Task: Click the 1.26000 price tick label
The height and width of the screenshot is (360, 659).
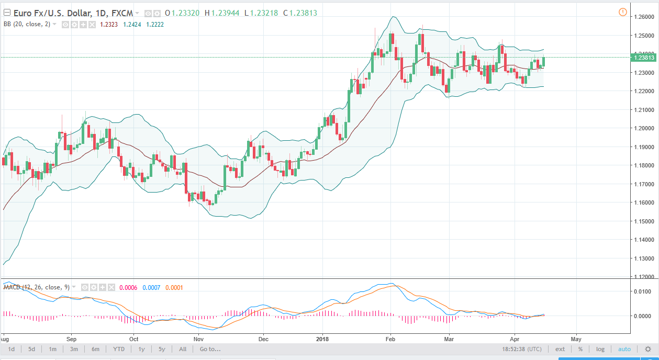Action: pos(643,17)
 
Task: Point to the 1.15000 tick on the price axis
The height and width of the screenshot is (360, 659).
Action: pos(643,221)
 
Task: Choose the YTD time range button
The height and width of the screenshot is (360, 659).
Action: pos(119,349)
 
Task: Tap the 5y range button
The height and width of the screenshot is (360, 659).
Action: pos(162,349)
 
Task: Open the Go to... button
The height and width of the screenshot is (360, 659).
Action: pos(210,349)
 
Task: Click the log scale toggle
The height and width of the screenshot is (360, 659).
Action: pos(600,349)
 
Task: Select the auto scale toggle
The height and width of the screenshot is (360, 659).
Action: pos(624,349)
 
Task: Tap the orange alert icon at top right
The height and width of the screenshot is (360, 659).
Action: pos(622,12)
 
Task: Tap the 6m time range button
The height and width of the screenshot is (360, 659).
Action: pos(95,349)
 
